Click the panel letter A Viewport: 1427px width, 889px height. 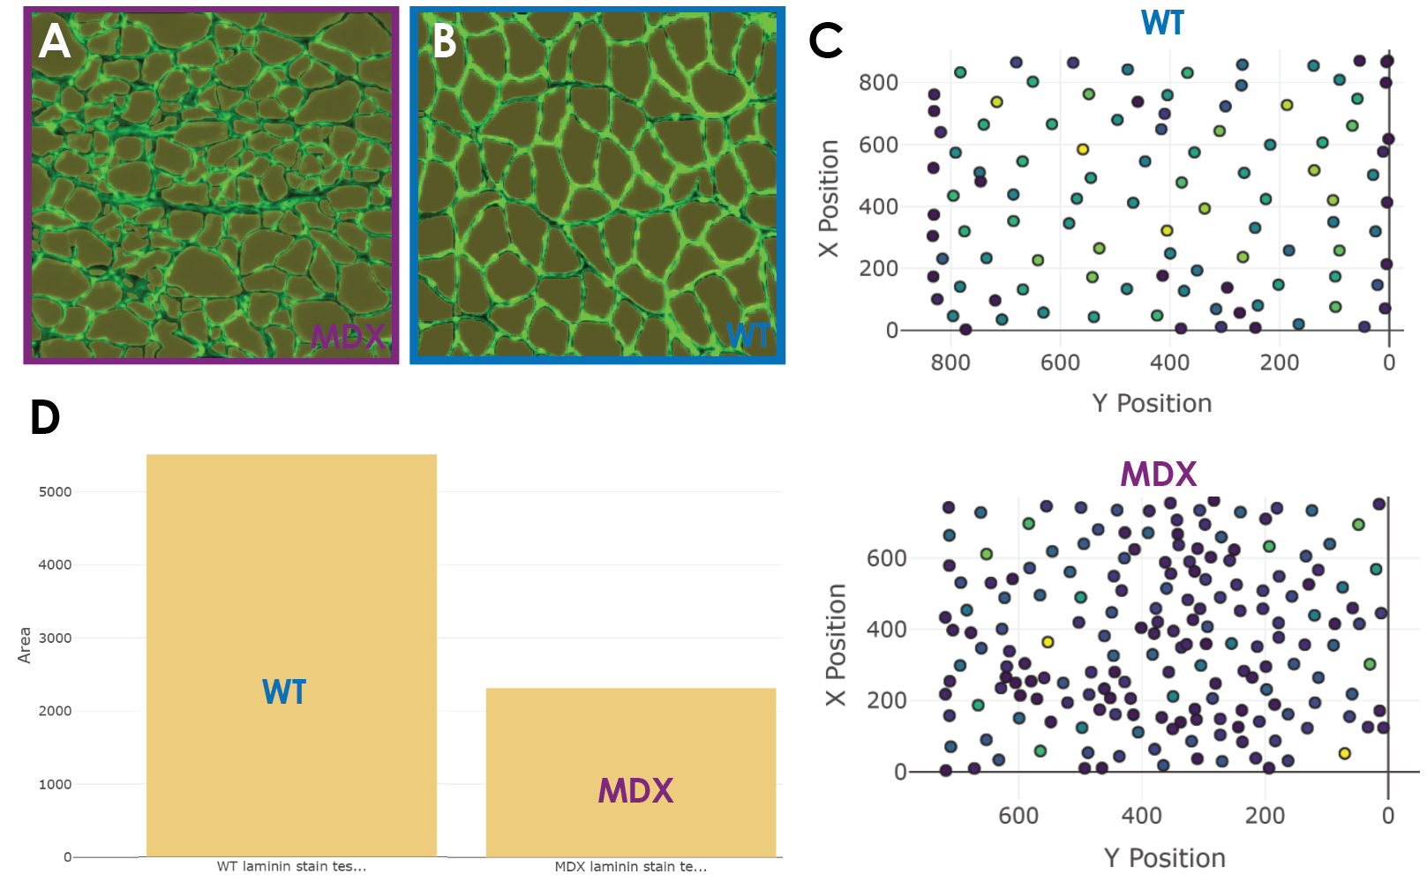55,41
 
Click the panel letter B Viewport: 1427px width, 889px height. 444,41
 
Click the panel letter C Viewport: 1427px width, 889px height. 826,41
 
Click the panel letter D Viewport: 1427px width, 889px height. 45,418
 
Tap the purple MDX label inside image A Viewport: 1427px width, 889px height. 348,336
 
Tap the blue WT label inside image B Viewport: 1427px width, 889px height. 747,336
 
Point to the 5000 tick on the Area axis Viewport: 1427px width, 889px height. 55,492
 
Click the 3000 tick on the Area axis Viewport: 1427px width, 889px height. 55,638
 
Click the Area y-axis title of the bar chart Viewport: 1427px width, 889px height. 25,645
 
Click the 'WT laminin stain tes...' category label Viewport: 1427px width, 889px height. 291,867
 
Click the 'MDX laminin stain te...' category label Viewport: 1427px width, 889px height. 630,867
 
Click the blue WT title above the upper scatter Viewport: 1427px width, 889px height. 1161,24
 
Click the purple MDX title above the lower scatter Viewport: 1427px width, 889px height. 1158,475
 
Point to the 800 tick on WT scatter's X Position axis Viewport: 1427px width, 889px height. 878,83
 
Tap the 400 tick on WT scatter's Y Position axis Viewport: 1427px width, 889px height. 1169,362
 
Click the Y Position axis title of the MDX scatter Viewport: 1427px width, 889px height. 1164,858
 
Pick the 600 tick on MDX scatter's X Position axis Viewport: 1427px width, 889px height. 886,558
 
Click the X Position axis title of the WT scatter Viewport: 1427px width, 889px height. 829,198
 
